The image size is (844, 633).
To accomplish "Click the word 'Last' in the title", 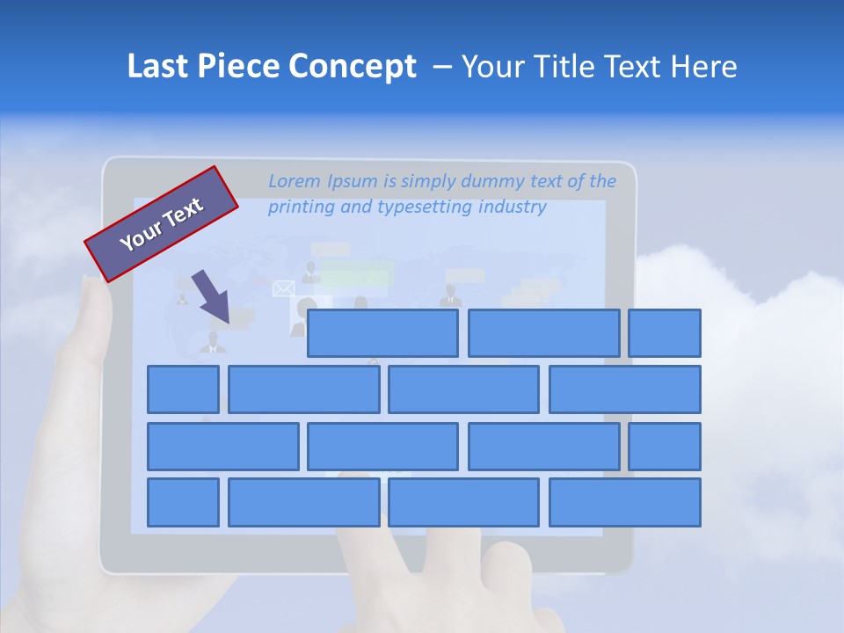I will (158, 67).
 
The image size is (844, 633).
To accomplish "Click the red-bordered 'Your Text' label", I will (162, 224).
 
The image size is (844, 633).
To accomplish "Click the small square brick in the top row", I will (665, 333).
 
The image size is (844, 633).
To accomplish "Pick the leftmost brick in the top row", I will (382, 333).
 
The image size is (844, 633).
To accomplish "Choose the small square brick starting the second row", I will (183, 389).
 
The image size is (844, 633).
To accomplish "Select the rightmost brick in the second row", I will (625, 389).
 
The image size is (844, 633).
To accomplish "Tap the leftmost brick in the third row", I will (222, 447).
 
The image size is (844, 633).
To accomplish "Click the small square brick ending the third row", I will (665, 447).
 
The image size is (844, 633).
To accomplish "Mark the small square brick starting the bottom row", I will (183, 503).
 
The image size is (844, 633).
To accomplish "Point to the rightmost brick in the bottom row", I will (625, 503).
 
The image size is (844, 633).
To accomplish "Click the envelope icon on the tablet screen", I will (283, 288).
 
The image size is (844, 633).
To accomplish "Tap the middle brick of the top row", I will (543, 333).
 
